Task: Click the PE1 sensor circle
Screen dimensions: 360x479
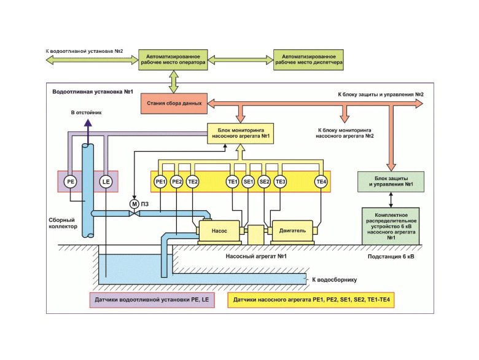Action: click(x=160, y=182)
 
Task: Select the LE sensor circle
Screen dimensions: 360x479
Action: click(x=106, y=182)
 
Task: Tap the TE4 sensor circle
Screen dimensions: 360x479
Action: click(x=321, y=182)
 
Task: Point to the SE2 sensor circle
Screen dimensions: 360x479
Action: click(x=265, y=182)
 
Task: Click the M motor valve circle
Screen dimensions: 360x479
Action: click(x=134, y=203)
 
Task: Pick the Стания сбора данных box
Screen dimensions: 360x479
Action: click(x=174, y=103)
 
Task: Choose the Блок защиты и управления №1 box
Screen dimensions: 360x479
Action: click(x=389, y=182)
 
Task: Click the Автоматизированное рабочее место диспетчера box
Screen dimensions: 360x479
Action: click(x=309, y=60)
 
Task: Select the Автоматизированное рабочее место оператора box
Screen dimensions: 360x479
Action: click(x=173, y=60)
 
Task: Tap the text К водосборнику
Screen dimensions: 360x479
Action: click(x=335, y=280)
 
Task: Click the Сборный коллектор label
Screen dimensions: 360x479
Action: click(x=63, y=222)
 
